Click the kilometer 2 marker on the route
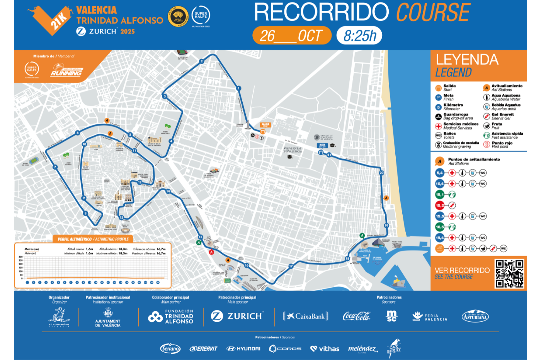coord(201,61)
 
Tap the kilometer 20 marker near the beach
coord(381,173)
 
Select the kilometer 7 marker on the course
coord(55,167)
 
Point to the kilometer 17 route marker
coord(291,266)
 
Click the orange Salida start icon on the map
coord(263,131)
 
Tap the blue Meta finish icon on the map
coord(320,152)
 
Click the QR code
coord(509,273)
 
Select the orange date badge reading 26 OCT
coord(292,36)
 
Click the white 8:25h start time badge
coord(359,36)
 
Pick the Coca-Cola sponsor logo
coord(356,316)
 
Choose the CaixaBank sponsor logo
coord(306,316)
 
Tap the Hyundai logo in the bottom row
coord(243,348)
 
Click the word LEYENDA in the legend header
coord(467,60)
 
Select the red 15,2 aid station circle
coord(440,205)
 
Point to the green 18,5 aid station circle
coord(440,227)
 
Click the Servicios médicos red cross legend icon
coord(438,126)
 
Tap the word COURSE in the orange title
coord(433,12)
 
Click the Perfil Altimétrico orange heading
coord(93,239)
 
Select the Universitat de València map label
coord(293,150)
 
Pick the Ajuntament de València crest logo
coord(108,313)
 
